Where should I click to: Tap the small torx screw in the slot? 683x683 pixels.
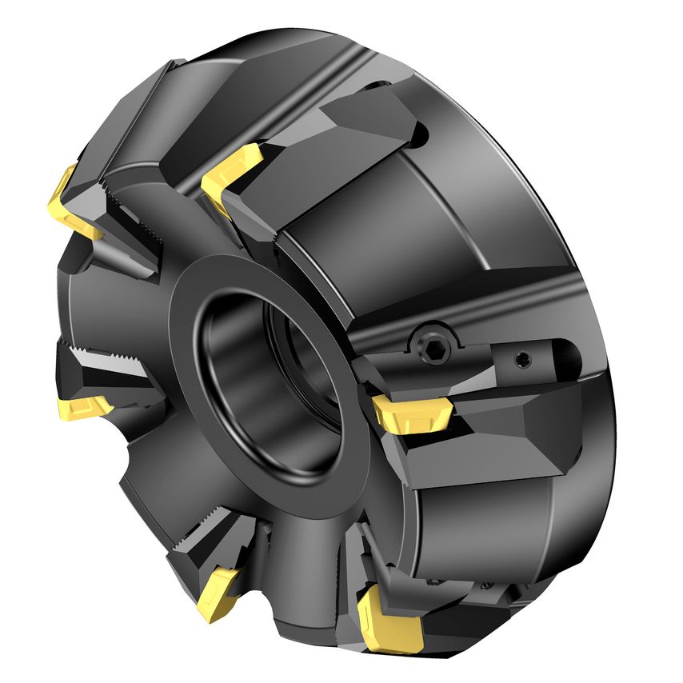(x=524, y=357)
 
